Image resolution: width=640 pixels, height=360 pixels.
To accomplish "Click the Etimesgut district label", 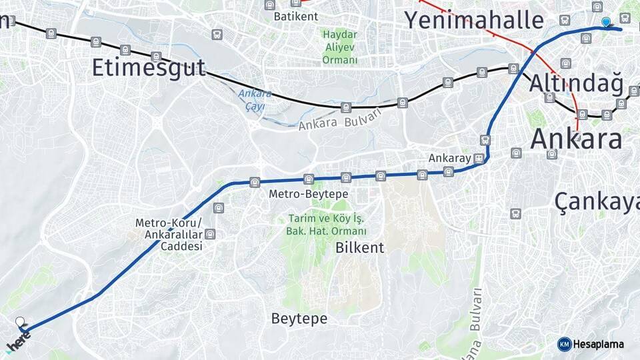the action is click(149, 68).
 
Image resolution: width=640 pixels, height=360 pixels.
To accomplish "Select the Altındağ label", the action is click(577, 85).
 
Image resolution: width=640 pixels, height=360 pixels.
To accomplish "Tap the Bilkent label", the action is click(360, 248).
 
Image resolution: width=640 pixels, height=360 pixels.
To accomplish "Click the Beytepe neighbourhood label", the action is click(299, 319).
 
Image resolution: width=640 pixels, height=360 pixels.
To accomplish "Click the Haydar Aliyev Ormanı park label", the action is click(340, 47).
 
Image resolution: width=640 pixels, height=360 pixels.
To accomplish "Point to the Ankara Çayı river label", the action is click(255, 99).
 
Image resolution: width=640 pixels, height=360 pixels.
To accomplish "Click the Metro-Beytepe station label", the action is click(309, 194).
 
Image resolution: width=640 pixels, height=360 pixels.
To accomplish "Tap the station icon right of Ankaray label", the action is click(479, 159).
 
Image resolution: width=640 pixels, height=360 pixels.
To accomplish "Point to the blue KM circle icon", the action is click(565, 344).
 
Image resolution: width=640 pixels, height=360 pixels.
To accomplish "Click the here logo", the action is click(18, 344).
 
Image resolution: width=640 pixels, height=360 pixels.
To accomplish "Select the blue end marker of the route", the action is click(606, 23).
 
